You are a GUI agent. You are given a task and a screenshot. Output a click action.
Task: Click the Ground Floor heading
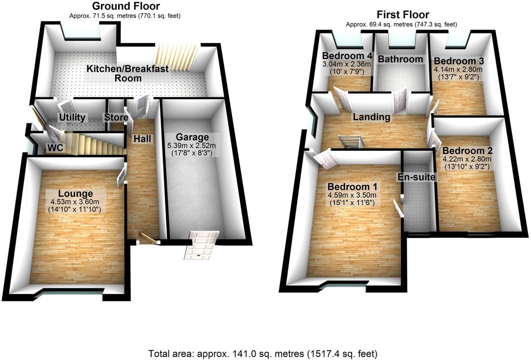click(x=125, y=6)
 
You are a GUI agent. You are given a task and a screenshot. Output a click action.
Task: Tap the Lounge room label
click(x=76, y=193)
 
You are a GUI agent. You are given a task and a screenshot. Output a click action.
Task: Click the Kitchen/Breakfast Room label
click(x=128, y=73)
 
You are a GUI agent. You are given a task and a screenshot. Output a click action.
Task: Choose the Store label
click(x=116, y=117)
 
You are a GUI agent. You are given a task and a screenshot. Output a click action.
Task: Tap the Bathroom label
click(x=400, y=59)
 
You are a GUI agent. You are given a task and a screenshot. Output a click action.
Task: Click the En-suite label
click(x=417, y=177)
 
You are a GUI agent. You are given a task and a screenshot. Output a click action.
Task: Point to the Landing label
click(x=371, y=117)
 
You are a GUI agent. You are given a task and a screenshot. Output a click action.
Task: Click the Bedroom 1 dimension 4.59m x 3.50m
click(x=352, y=195)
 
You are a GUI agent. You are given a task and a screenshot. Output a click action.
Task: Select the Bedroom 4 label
click(x=347, y=56)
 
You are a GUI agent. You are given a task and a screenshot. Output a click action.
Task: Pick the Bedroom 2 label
click(x=468, y=151)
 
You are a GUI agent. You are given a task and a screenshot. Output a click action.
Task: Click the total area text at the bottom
click(x=263, y=354)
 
